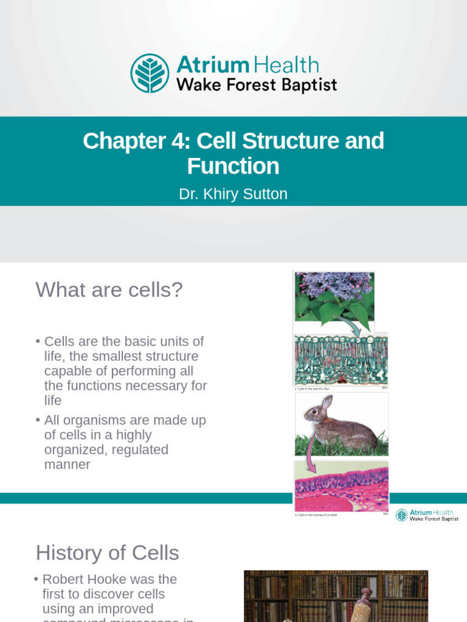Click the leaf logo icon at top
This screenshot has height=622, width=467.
tap(150, 73)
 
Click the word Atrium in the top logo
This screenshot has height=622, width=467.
tap(204, 65)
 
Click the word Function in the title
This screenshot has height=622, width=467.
tap(233, 166)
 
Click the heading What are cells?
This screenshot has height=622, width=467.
tap(109, 290)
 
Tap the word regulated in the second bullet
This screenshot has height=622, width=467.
tap(138, 450)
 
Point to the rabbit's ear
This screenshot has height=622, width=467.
tap(327, 402)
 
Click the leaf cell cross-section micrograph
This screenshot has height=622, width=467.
tap(341, 360)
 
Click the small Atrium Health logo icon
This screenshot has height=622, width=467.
tap(401, 515)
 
